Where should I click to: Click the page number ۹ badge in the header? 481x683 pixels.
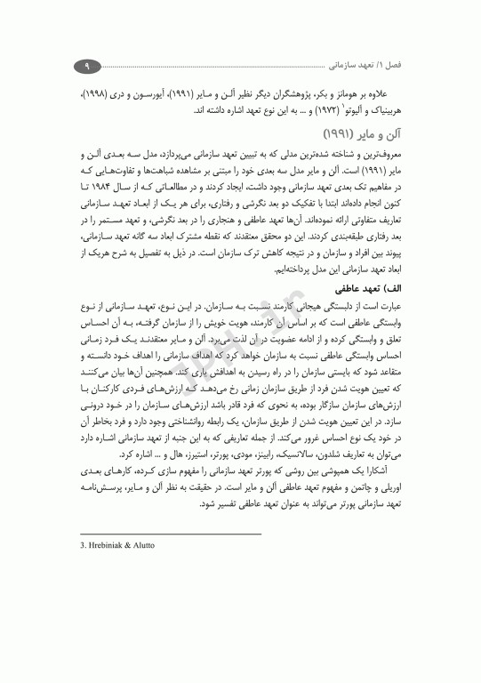(x=87, y=67)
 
